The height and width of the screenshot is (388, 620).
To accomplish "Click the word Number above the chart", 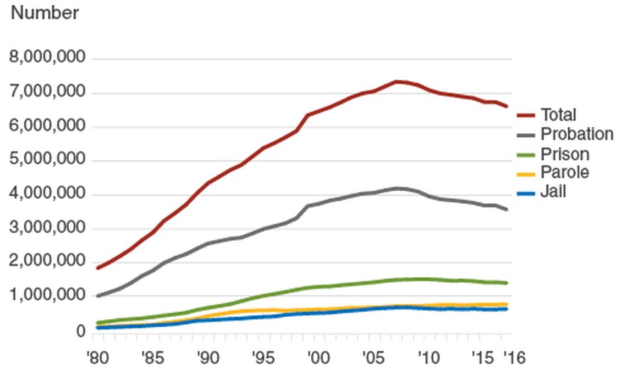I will coord(45,13).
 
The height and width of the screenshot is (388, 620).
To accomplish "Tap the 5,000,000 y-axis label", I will coord(48,160).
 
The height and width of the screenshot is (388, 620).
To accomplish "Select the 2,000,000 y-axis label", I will coord(48,262).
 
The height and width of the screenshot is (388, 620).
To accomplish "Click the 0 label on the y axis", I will coord(82,331).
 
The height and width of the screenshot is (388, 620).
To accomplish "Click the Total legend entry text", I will coord(558,115).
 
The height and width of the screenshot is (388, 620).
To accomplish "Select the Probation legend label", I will coord(577,134).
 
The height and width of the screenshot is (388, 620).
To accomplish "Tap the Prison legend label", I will coord(565,153).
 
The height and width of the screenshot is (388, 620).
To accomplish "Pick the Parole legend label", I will coord(565,172).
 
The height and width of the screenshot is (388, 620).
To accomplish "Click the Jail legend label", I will coord(553,191).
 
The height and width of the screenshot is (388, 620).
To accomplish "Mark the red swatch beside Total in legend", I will coord(526,115).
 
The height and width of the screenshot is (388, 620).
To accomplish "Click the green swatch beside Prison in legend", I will coord(526,153).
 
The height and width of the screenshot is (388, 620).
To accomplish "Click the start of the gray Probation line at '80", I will coord(98,296).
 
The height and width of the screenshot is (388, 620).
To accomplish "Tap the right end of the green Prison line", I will coord(506,283).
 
